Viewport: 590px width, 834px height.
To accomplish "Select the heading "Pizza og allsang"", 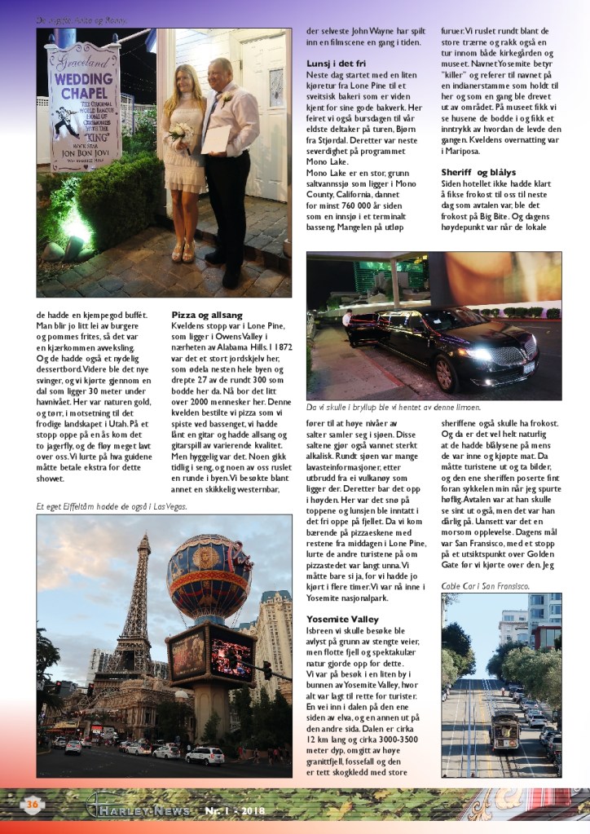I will [207, 314].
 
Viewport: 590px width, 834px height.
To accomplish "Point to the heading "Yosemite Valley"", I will [343, 619].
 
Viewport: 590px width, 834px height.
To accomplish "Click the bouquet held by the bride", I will [178, 132].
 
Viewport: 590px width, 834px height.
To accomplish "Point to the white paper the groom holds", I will [216, 139].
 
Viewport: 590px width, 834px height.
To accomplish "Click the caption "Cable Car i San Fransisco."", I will [486, 585].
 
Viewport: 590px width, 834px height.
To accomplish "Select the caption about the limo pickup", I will [394, 407].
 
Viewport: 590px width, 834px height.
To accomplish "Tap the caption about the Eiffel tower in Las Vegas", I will [112, 506].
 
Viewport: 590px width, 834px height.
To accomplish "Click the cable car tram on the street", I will [505, 728].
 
